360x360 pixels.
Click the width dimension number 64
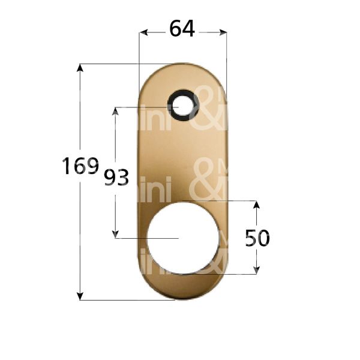tap(182, 28)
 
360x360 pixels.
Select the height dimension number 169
tap(80, 166)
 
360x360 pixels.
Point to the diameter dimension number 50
tap(257, 238)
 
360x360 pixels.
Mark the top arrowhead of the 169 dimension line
tap(80, 67)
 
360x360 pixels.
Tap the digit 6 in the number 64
tap(176, 28)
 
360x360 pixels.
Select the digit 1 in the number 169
tap(67, 166)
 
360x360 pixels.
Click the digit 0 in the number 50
tap(264, 238)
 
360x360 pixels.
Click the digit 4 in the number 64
tap(190, 28)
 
